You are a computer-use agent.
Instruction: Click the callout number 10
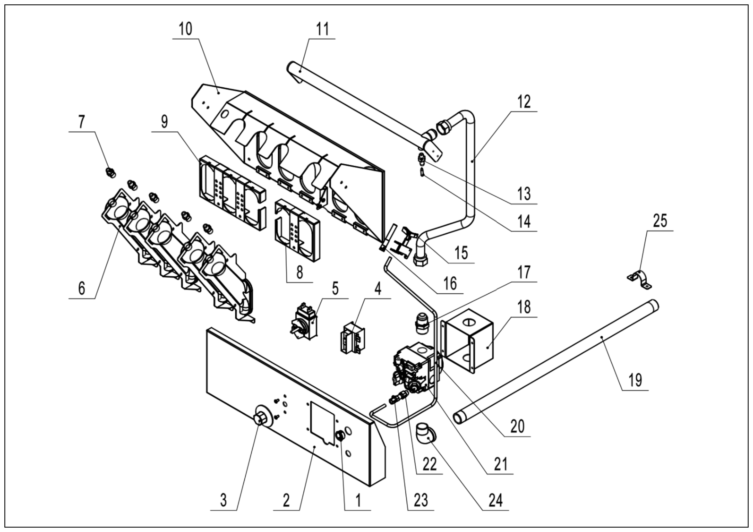(185, 29)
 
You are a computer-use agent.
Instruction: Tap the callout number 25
(660, 220)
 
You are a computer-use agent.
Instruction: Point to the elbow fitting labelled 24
(427, 435)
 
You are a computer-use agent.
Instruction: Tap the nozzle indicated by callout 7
(110, 172)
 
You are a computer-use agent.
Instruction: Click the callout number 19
(635, 380)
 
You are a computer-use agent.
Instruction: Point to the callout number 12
(524, 102)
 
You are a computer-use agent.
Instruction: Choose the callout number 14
(524, 221)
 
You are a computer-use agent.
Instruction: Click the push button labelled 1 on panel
(340, 436)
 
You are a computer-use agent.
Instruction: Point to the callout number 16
(450, 283)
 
